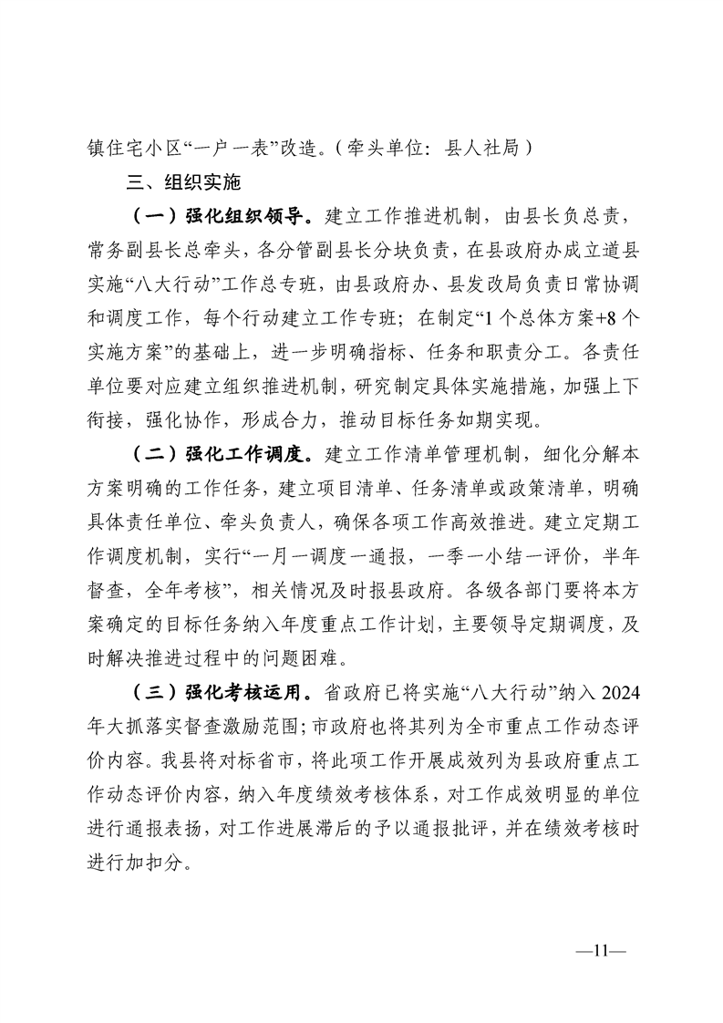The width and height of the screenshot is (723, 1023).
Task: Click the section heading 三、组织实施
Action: tap(183, 181)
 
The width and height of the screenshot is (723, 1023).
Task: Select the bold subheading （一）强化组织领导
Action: tap(222, 218)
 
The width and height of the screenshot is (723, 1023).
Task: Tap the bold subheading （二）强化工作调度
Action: tap(222, 453)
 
